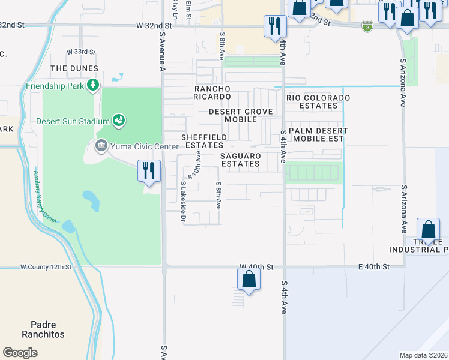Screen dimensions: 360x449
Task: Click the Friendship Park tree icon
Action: pyautogui.click(x=92, y=86)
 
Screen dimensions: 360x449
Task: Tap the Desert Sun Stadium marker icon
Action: pyautogui.click(x=119, y=121)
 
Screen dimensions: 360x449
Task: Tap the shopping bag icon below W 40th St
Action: pyautogui.click(x=249, y=279)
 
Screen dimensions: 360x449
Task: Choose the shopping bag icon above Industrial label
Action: pyautogui.click(x=428, y=229)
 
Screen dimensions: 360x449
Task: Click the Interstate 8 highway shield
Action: pyautogui.click(x=367, y=26)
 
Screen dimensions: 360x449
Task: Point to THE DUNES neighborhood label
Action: pyautogui.click(x=74, y=68)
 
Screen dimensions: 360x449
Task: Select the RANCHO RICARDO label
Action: pyautogui.click(x=212, y=92)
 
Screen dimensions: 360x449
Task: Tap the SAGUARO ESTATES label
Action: pyautogui.click(x=240, y=160)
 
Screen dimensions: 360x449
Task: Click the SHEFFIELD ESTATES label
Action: pyautogui.click(x=205, y=141)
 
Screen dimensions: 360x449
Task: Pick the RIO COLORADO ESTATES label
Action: pyautogui.click(x=318, y=101)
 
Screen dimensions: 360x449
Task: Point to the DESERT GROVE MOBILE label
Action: pyautogui.click(x=241, y=115)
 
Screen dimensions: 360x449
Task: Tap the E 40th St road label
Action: pyautogui.click(x=373, y=266)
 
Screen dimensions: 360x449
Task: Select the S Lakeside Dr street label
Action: pyautogui.click(x=184, y=202)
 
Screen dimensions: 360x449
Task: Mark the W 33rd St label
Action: pyautogui.click(x=80, y=52)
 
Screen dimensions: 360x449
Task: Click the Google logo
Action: pyautogui.click(x=20, y=353)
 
